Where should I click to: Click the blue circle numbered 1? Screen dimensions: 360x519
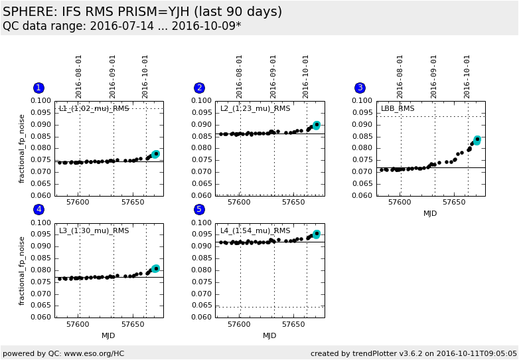(38, 88)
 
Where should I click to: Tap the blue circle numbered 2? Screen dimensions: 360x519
(199, 88)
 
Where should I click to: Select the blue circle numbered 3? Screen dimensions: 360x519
(360, 88)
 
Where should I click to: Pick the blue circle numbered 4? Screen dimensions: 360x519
(38, 209)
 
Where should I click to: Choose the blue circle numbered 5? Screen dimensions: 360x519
(199, 209)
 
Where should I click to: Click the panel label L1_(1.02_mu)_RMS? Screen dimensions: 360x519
(94, 108)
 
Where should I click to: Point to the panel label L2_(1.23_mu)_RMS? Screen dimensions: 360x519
(255, 108)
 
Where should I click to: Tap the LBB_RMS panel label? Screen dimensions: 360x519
(398, 108)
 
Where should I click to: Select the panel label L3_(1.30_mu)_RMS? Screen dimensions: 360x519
(94, 230)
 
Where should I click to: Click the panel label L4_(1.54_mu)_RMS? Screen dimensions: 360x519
(255, 230)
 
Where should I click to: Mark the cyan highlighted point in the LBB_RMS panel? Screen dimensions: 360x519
(477, 140)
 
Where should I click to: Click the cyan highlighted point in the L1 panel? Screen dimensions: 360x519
(155, 154)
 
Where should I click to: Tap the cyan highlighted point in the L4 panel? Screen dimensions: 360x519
(316, 234)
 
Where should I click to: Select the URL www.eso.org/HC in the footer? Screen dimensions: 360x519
(95, 353)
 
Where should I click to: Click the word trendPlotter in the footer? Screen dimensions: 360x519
(372, 353)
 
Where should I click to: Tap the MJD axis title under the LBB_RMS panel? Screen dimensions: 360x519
(431, 213)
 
